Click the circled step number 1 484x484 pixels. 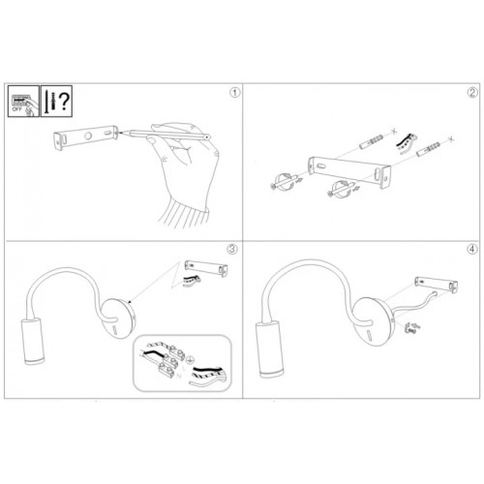tap(233, 93)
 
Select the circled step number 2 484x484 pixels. tap(471, 93)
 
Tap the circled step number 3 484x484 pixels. tap(233, 249)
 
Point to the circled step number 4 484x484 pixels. tap(471, 249)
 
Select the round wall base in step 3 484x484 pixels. tap(122, 316)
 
